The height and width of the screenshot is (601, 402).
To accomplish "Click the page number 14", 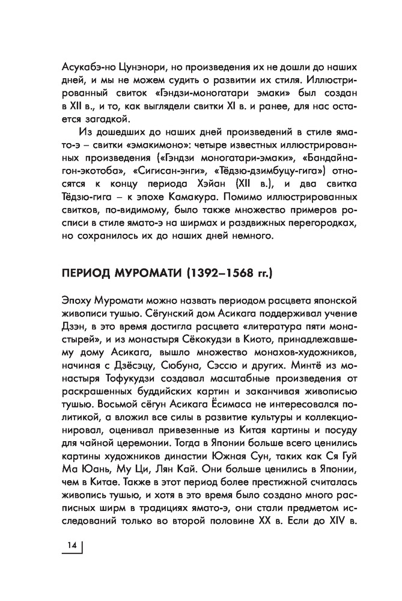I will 72,545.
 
